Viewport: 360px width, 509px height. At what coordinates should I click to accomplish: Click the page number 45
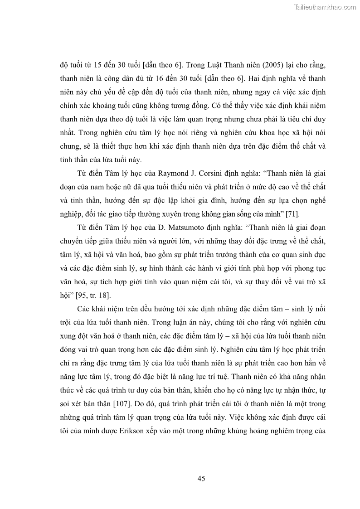point(202,478)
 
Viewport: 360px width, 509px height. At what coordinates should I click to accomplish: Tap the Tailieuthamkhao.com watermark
point(325,7)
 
